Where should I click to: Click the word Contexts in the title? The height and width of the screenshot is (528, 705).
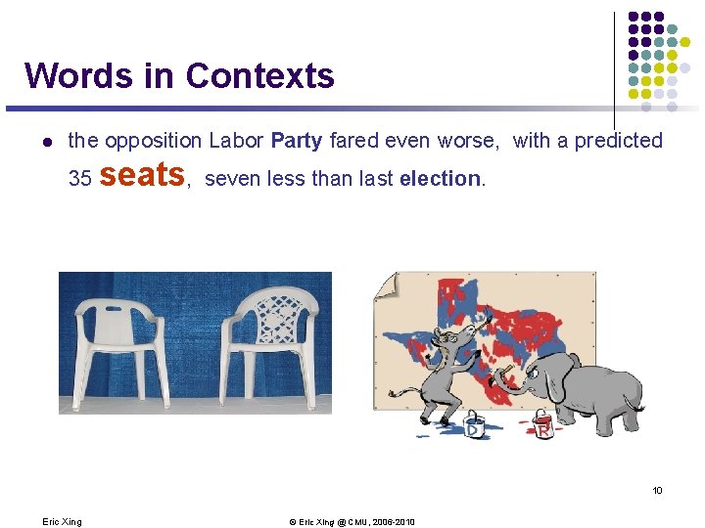(x=259, y=75)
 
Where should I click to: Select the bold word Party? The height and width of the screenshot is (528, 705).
(x=296, y=141)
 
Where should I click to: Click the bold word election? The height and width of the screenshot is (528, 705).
(x=441, y=180)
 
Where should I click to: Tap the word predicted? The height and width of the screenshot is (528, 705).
(x=619, y=141)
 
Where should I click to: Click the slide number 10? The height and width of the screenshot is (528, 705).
(x=658, y=490)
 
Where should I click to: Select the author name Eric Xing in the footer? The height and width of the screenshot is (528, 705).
(x=63, y=522)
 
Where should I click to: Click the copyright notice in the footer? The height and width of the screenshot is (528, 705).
(x=352, y=522)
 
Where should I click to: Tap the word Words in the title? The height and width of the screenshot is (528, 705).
(x=73, y=75)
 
